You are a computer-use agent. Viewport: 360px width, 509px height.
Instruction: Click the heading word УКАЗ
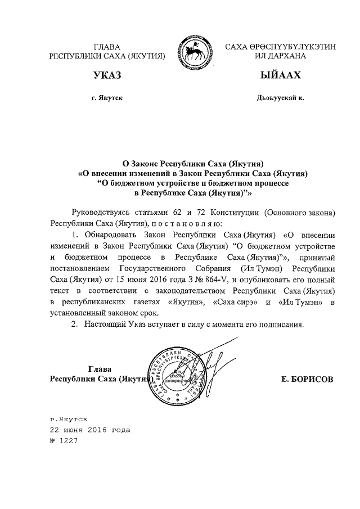(x=107, y=75)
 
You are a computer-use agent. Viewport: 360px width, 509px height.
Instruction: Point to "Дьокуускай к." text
(x=280, y=98)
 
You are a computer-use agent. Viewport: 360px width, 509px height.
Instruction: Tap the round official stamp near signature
(x=179, y=375)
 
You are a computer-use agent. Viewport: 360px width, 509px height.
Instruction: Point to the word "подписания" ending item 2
(x=282, y=325)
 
